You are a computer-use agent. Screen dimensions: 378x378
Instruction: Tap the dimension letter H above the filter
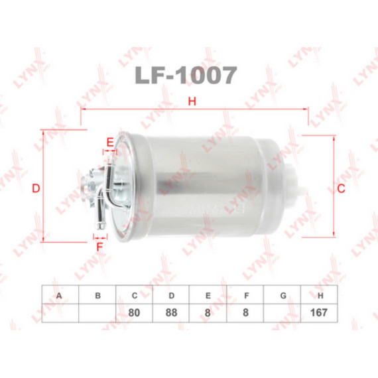click(x=192, y=101)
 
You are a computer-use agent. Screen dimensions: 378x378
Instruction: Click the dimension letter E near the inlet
click(x=110, y=142)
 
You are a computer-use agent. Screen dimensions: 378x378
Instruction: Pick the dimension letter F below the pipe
click(x=100, y=246)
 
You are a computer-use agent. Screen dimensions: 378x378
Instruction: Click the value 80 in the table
click(x=134, y=312)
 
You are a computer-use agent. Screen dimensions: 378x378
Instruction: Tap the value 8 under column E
click(x=208, y=312)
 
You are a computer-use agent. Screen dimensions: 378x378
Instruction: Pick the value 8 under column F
click(x=245, y=312)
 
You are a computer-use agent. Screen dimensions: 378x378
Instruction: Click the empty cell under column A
click(x=60, y=312)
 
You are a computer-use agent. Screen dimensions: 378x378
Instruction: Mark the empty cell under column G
click(x=283, y=312)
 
